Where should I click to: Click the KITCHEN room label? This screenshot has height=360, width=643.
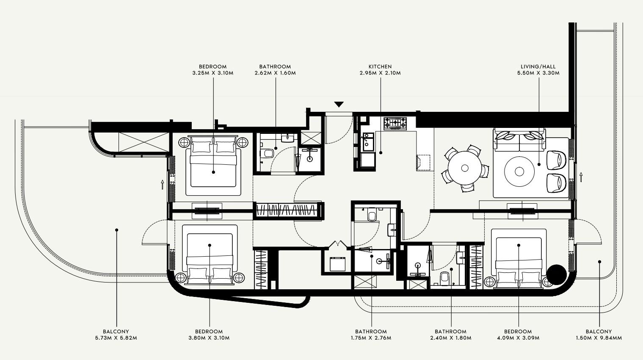[380, 66]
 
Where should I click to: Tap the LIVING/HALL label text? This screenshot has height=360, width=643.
[538, 66]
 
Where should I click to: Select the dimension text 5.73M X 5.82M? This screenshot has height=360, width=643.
[116, 338]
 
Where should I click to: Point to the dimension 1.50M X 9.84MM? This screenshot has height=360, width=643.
[599, 338]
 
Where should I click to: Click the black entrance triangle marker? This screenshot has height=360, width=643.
[339, 105]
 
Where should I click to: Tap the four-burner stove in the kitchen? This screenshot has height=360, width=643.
[395, 123]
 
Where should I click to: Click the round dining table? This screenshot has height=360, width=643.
[464, 168]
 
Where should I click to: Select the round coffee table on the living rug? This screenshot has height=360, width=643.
[519, 172]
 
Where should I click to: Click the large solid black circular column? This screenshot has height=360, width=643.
[556, 274]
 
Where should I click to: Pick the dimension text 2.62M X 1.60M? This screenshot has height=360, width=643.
[275, 73]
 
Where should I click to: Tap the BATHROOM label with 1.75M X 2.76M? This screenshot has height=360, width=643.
[371, 332]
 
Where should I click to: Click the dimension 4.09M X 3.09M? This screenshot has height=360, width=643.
[518, 338]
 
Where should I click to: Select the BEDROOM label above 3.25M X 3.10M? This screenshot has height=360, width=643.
[212, 66]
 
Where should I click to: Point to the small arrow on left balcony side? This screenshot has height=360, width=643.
[162, 184]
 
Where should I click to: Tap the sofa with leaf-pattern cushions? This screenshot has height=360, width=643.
[519, 140]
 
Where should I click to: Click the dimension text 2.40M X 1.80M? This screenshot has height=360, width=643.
[450, 338]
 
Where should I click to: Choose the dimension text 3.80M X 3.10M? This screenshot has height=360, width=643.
[209, 338]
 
